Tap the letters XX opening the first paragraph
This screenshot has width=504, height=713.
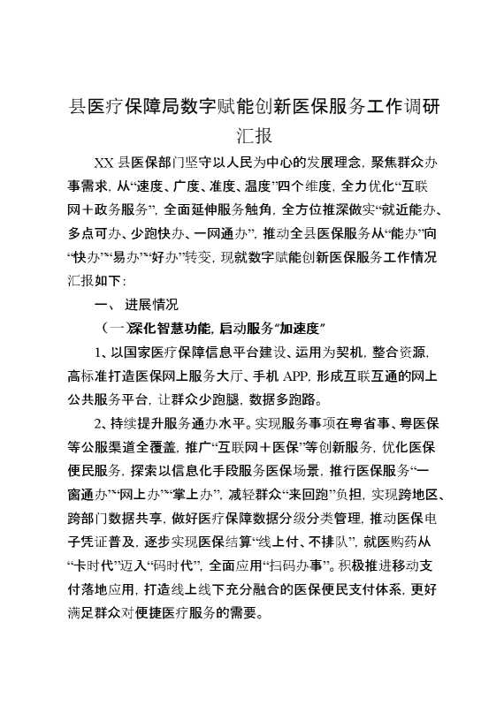point(104,163)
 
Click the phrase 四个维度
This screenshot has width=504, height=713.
point(304,186)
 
